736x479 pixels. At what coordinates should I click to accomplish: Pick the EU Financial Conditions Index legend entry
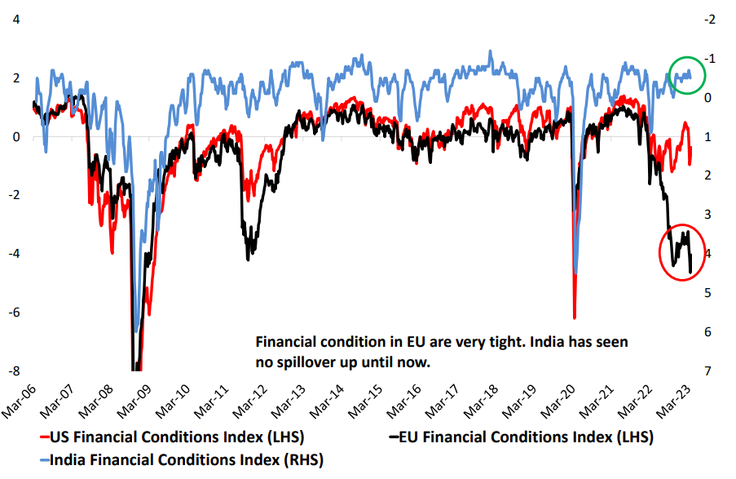(522, 438)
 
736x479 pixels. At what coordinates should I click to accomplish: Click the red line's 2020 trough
(575, 317)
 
